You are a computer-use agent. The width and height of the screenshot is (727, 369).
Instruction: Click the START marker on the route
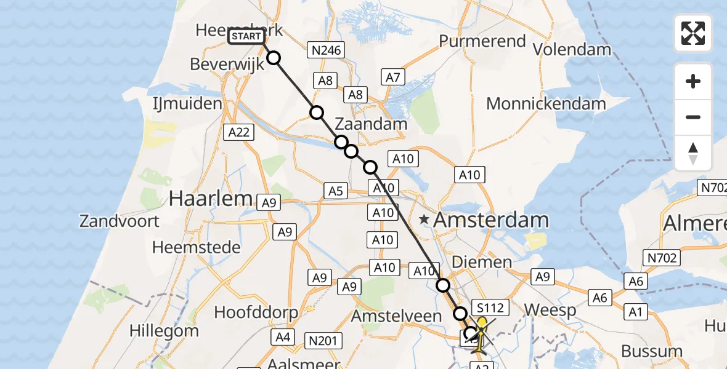(x=247, y=37)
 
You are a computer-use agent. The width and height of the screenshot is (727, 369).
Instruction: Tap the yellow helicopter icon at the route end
(x=480, y=332)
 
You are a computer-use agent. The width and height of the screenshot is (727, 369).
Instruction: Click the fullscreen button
(x=693, y=33)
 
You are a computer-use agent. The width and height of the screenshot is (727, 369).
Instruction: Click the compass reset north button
(x=693, y=153)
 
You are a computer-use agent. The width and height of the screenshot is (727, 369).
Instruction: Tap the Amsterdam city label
(x=491, y=220)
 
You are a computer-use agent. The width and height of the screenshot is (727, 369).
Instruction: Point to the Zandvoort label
(x=120, y=221)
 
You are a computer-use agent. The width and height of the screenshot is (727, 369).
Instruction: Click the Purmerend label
(x=482, y=42)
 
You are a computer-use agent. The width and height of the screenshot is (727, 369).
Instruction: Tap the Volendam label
(x=572, y=49)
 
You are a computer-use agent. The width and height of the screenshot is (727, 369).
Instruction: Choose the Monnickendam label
(x=546, y=104)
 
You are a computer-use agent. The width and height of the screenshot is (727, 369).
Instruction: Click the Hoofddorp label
(x=256, y=312)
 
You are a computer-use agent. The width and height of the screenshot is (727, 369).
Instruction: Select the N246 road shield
(x=327, y=50)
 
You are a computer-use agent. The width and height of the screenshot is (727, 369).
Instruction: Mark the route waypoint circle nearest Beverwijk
(x=273, y=58)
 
